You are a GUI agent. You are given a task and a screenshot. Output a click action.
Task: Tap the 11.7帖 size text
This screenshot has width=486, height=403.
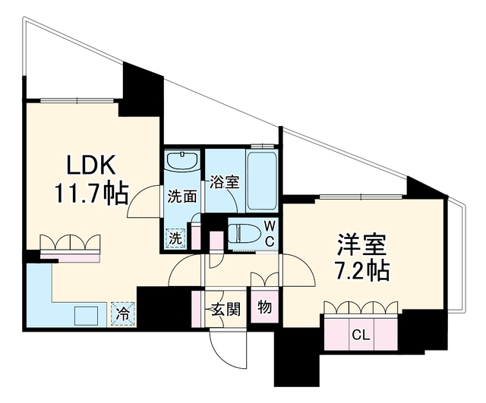[91, 194]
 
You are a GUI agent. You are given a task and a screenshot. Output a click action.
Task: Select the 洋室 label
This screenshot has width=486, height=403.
[362, 244]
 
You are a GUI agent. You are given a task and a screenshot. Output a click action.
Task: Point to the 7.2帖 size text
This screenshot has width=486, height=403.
[363, 270]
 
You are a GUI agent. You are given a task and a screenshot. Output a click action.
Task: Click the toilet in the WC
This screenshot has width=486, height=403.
[245, 233]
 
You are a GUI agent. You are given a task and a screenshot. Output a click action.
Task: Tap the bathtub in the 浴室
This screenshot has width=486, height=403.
[262, 181]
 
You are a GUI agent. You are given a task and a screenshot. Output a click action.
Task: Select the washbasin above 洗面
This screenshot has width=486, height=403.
[183, 160]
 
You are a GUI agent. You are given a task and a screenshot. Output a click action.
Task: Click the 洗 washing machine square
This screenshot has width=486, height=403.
[175, 238]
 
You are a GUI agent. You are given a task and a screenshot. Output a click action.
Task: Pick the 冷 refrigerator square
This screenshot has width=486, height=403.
[123, 313]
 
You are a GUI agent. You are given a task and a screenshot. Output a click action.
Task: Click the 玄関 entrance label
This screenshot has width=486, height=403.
[226, 309]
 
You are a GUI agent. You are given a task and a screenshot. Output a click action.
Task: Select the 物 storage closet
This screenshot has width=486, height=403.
[264, 307]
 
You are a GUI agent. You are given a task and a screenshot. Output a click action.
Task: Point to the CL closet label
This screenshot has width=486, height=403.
[361, 335]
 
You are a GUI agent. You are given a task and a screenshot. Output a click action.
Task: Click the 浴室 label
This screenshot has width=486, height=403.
[225, 182]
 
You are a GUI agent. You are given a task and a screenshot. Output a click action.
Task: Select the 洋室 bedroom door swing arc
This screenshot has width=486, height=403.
[303, 264]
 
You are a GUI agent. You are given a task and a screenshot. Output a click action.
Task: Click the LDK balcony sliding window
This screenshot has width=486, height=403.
[77, 100]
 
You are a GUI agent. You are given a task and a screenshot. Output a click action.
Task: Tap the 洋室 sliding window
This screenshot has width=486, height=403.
[361, 197]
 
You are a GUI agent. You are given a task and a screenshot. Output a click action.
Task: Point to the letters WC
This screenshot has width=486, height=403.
[270, 234]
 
